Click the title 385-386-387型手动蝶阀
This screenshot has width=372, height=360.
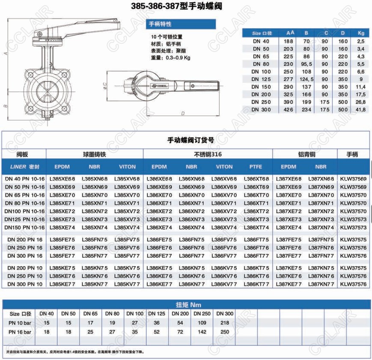coord(176,6)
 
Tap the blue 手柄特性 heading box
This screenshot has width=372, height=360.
coord(181,24)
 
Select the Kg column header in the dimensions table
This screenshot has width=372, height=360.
coord(361,33)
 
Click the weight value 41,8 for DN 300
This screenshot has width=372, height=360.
coord(360,109)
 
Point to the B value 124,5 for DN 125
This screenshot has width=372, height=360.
coord(307,79)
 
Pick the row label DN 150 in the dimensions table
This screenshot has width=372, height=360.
coord(261,87)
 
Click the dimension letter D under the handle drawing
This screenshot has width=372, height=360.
coord(183,114)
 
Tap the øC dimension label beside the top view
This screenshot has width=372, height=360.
coord(105,86)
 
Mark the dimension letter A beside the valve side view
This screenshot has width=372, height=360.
coord(6,54)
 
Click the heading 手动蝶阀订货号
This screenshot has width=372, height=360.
coord(191,140)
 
